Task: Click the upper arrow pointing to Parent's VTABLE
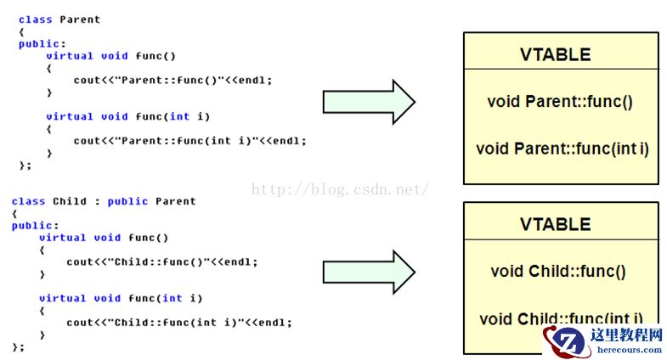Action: click(x=368, y=103)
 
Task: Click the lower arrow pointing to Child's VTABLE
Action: click(x=368, y=273)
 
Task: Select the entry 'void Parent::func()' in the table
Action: click(x=560, y=102)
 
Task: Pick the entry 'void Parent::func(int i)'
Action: click(x=562, y=149)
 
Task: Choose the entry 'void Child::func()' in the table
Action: click(x=558, y=272)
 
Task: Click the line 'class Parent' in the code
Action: click(x=59, y=19)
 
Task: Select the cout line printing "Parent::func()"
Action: click(x=173, y=80)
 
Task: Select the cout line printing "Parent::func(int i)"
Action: click(x=189, y=141)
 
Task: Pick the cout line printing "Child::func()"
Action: click(x=161, y=262)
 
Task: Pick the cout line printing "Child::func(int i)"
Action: click(x=178, y=323)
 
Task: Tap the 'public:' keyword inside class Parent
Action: click(x=42, y=43)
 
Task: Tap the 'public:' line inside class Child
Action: click(x=35, y=226)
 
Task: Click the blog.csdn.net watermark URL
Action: click(x=340, y=189)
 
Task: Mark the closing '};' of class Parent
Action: click(x=25, y=165)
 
